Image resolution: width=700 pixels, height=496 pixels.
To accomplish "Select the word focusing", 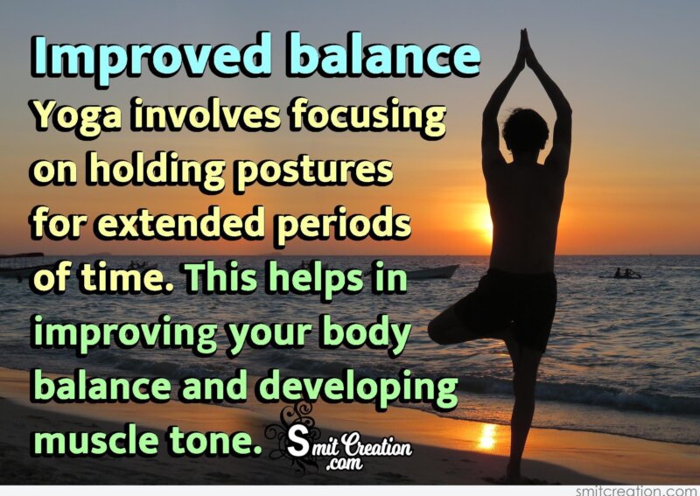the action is pos(367,117).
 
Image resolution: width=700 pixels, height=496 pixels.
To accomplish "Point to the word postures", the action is pos(314,171).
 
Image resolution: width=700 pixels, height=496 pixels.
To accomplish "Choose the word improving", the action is pos(126,335).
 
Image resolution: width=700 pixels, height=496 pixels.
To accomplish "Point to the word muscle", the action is pos(96,440).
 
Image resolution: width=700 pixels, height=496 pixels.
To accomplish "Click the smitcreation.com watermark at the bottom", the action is pos(637,490).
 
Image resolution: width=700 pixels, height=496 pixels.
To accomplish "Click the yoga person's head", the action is pos(525,131).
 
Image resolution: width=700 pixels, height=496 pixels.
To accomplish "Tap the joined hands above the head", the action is pos(525,47).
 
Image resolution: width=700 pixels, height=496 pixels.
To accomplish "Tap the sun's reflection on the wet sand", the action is pos(486,436).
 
